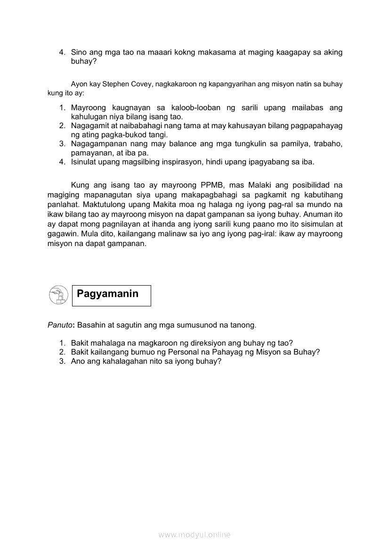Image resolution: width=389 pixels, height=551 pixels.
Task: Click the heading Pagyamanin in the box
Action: (x=107, y=294)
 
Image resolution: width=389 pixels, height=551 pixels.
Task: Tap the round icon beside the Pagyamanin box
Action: (x=58, y=295)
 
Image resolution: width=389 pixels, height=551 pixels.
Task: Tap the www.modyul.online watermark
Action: (x=194, y=535)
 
